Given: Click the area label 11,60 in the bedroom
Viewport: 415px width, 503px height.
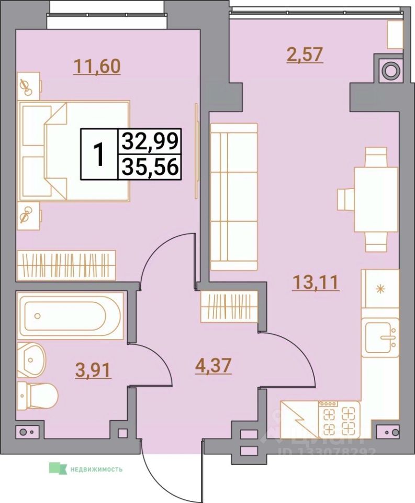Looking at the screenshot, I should (97, 67).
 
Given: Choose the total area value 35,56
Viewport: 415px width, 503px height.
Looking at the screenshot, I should (150, 167).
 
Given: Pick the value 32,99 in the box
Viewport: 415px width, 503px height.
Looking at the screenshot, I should (150, 141).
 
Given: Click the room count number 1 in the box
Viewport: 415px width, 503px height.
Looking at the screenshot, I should (98, 155).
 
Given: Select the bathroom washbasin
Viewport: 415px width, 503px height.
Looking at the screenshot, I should (31, 359).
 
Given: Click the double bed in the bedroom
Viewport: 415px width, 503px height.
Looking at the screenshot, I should (73, 151).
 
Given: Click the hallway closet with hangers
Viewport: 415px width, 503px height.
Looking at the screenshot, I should (229, 307).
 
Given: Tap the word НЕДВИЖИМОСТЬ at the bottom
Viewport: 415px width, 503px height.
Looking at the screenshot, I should (96, 469).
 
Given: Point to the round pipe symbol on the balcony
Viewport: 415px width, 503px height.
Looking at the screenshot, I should (390, 69).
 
